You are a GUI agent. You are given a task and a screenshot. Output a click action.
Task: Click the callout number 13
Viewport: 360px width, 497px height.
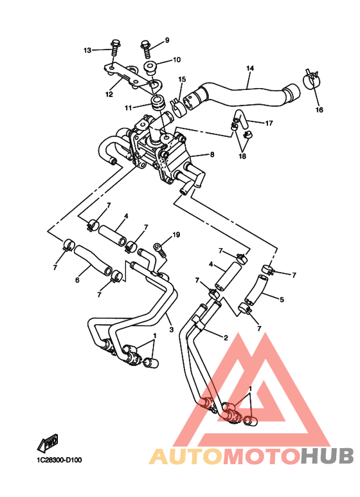click(x=87, y=50)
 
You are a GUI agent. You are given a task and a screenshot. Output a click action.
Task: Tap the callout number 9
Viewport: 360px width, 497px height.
click(x=167, y=41)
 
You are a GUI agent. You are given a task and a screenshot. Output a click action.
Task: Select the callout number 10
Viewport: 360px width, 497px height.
click(x=177, y=60)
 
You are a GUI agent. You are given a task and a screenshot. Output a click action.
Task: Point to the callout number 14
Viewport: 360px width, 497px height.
click(x=250, y=68)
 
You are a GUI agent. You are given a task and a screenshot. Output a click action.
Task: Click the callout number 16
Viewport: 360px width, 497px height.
click(x=319, y=110)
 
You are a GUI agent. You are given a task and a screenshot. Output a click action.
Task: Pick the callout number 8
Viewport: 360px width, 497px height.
click(x=212, y=154)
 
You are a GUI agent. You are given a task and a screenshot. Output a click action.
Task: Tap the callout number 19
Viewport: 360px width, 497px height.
click(x=176, y=235)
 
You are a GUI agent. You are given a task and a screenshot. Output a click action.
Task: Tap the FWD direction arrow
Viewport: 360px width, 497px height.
click(x=48, y=443)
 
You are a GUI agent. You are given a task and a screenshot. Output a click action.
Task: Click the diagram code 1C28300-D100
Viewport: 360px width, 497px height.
click(x=59, y=460)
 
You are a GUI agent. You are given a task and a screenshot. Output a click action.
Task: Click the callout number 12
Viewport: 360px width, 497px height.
click(x=109, y=94)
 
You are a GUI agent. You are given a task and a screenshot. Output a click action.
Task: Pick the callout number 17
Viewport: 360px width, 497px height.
click(x=269, y=123)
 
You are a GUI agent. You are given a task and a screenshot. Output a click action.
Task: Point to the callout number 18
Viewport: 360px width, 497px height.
click(x=242, y=156)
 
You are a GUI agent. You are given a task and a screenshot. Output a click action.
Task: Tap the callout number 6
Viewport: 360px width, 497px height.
click(x=77, y=280)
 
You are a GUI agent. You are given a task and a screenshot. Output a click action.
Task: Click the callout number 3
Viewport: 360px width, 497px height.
click(x=171, y=330)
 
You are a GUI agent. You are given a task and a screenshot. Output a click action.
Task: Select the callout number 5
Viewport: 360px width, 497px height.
click(x=282, y=299)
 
